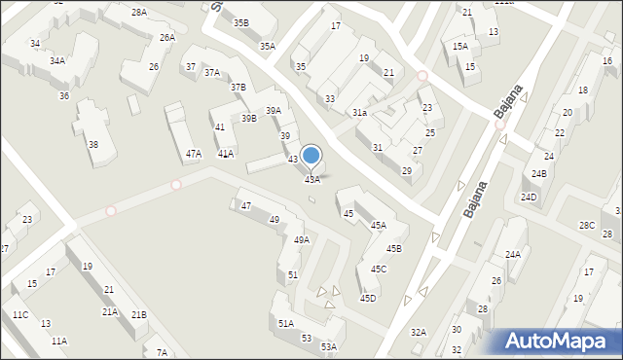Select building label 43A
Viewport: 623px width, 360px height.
pyautogui.click(x=312, y=179)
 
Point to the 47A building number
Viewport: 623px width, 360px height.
pyautogui.click(x=194, y=154)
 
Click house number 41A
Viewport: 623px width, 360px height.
pyautogui.click(x=225, y=154)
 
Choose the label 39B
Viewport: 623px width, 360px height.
pyautogui.click(x=249, y=119)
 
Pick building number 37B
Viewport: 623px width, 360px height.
pyautogui.click(x=238, y=88)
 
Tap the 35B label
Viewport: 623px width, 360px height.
pyautogui.click(x=239, y=22)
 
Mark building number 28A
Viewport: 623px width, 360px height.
pyautogui.click(x=139, y=13)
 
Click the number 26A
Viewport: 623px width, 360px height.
pyautogui.click(x=167, y=37)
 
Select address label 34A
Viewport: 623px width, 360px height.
pyautogui.click(x=57, y=60)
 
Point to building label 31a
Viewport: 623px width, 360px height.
pyautogui.click(x=359, y=113)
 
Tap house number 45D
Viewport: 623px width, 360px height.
pyautogui.click(x=367, y=299)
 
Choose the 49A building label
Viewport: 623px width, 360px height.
pyautogui.click(x=302, y=239)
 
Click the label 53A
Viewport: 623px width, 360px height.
pyautogui.click(x=329, y=346)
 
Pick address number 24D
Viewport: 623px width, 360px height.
pyautogui.click(x=528, y=198)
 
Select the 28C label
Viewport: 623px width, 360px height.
pyautogui.click(x=586, y=225)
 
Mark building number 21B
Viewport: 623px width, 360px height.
pyautogui.click(x=139, y=314)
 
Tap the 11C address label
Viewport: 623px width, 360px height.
pyautogui.click(x=19, y=314)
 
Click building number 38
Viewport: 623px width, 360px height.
pyautogui.click(x=93, y=144)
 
